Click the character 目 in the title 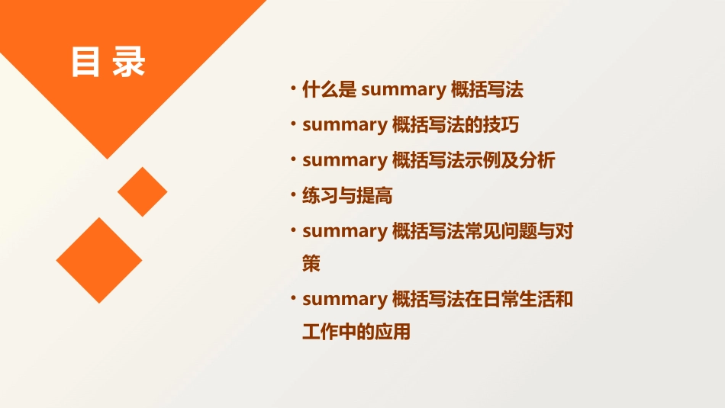click(85, 63)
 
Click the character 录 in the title click(129, 63)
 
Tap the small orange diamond click(142, 192)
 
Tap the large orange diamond click(99, 260)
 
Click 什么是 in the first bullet click(329, 90)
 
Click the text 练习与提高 click(347, 196)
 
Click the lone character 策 click(311, 264)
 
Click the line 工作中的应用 click(356, 333)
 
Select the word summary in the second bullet click(344, 125)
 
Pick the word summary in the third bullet click(344, 160)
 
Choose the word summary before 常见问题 click(344, 231)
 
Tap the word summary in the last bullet click(344, 299)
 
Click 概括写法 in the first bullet click(487, 90)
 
